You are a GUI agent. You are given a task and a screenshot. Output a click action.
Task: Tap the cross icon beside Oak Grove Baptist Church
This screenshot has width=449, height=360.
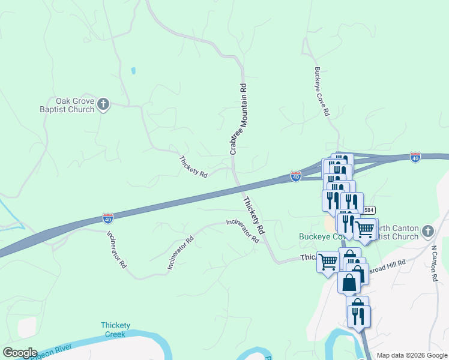tap(103, 106)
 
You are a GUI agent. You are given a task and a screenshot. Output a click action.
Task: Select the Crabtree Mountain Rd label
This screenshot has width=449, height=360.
tap(238, 119)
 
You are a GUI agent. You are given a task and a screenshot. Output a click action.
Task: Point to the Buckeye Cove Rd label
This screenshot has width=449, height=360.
tap(322, 91)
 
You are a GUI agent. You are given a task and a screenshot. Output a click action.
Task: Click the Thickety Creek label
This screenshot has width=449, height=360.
tap(115, 329)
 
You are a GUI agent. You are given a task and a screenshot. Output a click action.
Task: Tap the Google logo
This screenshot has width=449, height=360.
tap(20, 353)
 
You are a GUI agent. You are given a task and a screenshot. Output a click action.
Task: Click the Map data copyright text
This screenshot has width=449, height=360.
tap(412, 355)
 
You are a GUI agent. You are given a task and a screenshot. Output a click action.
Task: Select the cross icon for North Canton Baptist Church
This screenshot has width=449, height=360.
tap(427, 231)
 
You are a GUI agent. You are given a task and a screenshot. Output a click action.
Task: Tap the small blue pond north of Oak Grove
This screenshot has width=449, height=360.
tap(133, 71)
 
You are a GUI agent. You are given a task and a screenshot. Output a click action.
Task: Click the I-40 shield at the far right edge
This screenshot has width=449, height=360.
tap(415, 157)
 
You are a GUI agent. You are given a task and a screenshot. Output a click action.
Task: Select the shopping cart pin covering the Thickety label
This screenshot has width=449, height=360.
tap(328, 262)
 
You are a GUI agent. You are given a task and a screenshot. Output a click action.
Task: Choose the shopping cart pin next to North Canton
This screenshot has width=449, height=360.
tap(365, 229)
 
